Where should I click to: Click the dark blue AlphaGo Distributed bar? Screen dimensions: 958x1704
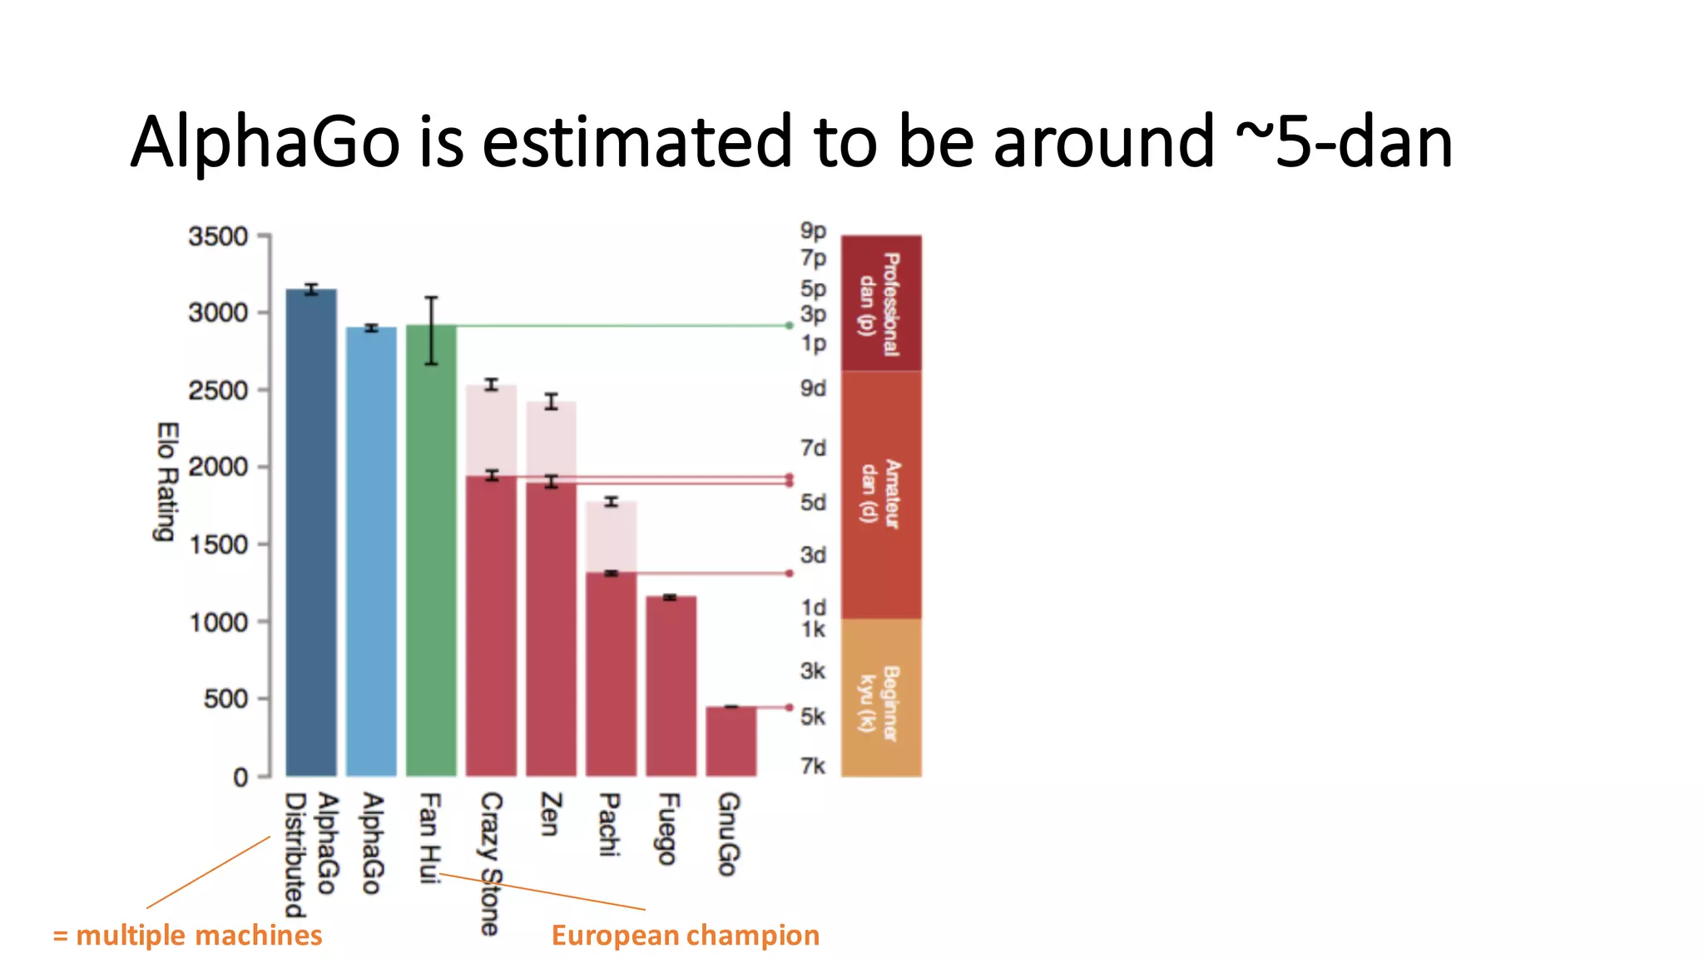pyautogui.click(x=311, y=532)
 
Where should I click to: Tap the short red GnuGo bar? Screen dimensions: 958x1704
pyautogui.click(x=731, y=741)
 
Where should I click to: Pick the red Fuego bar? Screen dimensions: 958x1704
pyautogui.click(x=671, y=686)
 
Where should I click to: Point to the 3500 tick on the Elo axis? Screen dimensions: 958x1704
pyautogui.click(x=218, y=237)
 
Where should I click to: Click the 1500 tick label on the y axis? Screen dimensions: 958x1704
pyautogui.click(x=218, y=545)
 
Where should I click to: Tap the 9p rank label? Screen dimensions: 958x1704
pyautogui.click(x=813, y=230)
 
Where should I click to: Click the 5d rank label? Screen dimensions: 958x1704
pyautogui.click(x=813, y=502)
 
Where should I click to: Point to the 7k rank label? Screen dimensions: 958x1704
pyautogui.click(x=813, y=765)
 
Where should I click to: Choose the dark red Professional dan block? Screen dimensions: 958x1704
pyautogui.click(x=881, y=304)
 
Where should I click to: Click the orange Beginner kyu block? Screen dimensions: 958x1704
pyautogui.click(x=881, y=698)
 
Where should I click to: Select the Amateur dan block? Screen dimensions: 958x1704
pyautogui.click(x=881, y=494)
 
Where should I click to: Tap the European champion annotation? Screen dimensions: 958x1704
pyautogui.click(x=685, y=936)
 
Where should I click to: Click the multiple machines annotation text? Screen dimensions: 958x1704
pyautogui.click(x=188, y=936)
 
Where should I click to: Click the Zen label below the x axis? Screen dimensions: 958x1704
pyautogui.click(x=551, y=814)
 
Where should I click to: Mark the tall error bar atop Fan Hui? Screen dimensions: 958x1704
pyautogui.click(x=431, y=330)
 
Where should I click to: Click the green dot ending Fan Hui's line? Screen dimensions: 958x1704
pyautogui.click(x=790, y=326)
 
